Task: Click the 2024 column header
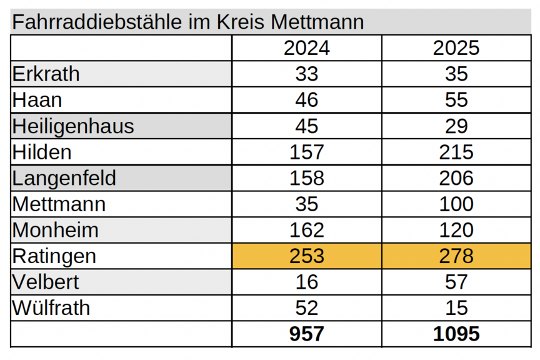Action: tap(306, 48)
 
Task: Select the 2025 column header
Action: tap(456, 48)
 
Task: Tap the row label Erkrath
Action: tap(46, 74)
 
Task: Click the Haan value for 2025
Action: tap(456, 100)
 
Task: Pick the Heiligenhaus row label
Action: tap(73, 126)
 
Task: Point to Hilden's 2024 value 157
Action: tap(306, 152)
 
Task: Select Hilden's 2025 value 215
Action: tap(456, 152)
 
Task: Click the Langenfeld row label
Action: tap(64, 178)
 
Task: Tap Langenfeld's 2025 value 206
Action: tap(456, 178)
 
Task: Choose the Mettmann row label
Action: tap(59, 204)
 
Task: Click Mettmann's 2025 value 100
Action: tap(456, 204)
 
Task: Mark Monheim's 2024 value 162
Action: tap(306, 230)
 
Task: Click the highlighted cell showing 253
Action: tap(306, 256)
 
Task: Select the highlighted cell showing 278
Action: tap(456, 256)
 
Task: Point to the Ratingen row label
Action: tap(54, 256)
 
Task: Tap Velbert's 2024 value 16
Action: tap(306, 282)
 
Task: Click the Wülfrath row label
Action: tap(51, 308)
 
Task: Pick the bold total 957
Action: tap(306, 334)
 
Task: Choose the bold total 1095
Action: tap(456, 334)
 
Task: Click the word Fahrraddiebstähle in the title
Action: tap(97, 22)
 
